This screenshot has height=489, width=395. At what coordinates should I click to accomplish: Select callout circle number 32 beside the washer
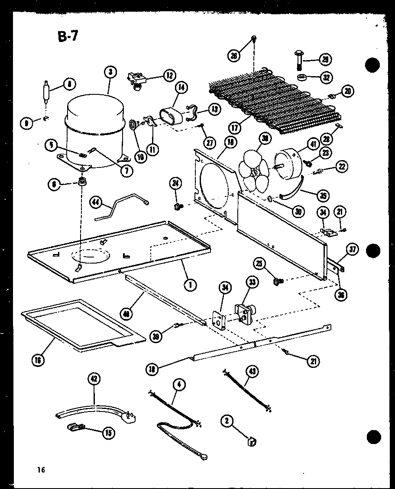click(325, 77)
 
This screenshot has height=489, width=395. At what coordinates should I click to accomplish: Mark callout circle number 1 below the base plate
click(189, 284)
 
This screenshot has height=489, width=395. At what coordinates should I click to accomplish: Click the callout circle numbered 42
click(94, 379)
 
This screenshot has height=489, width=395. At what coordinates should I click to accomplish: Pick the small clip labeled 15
click(78, 428)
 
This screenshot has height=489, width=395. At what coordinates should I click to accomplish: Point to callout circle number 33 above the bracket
click(252, 283)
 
